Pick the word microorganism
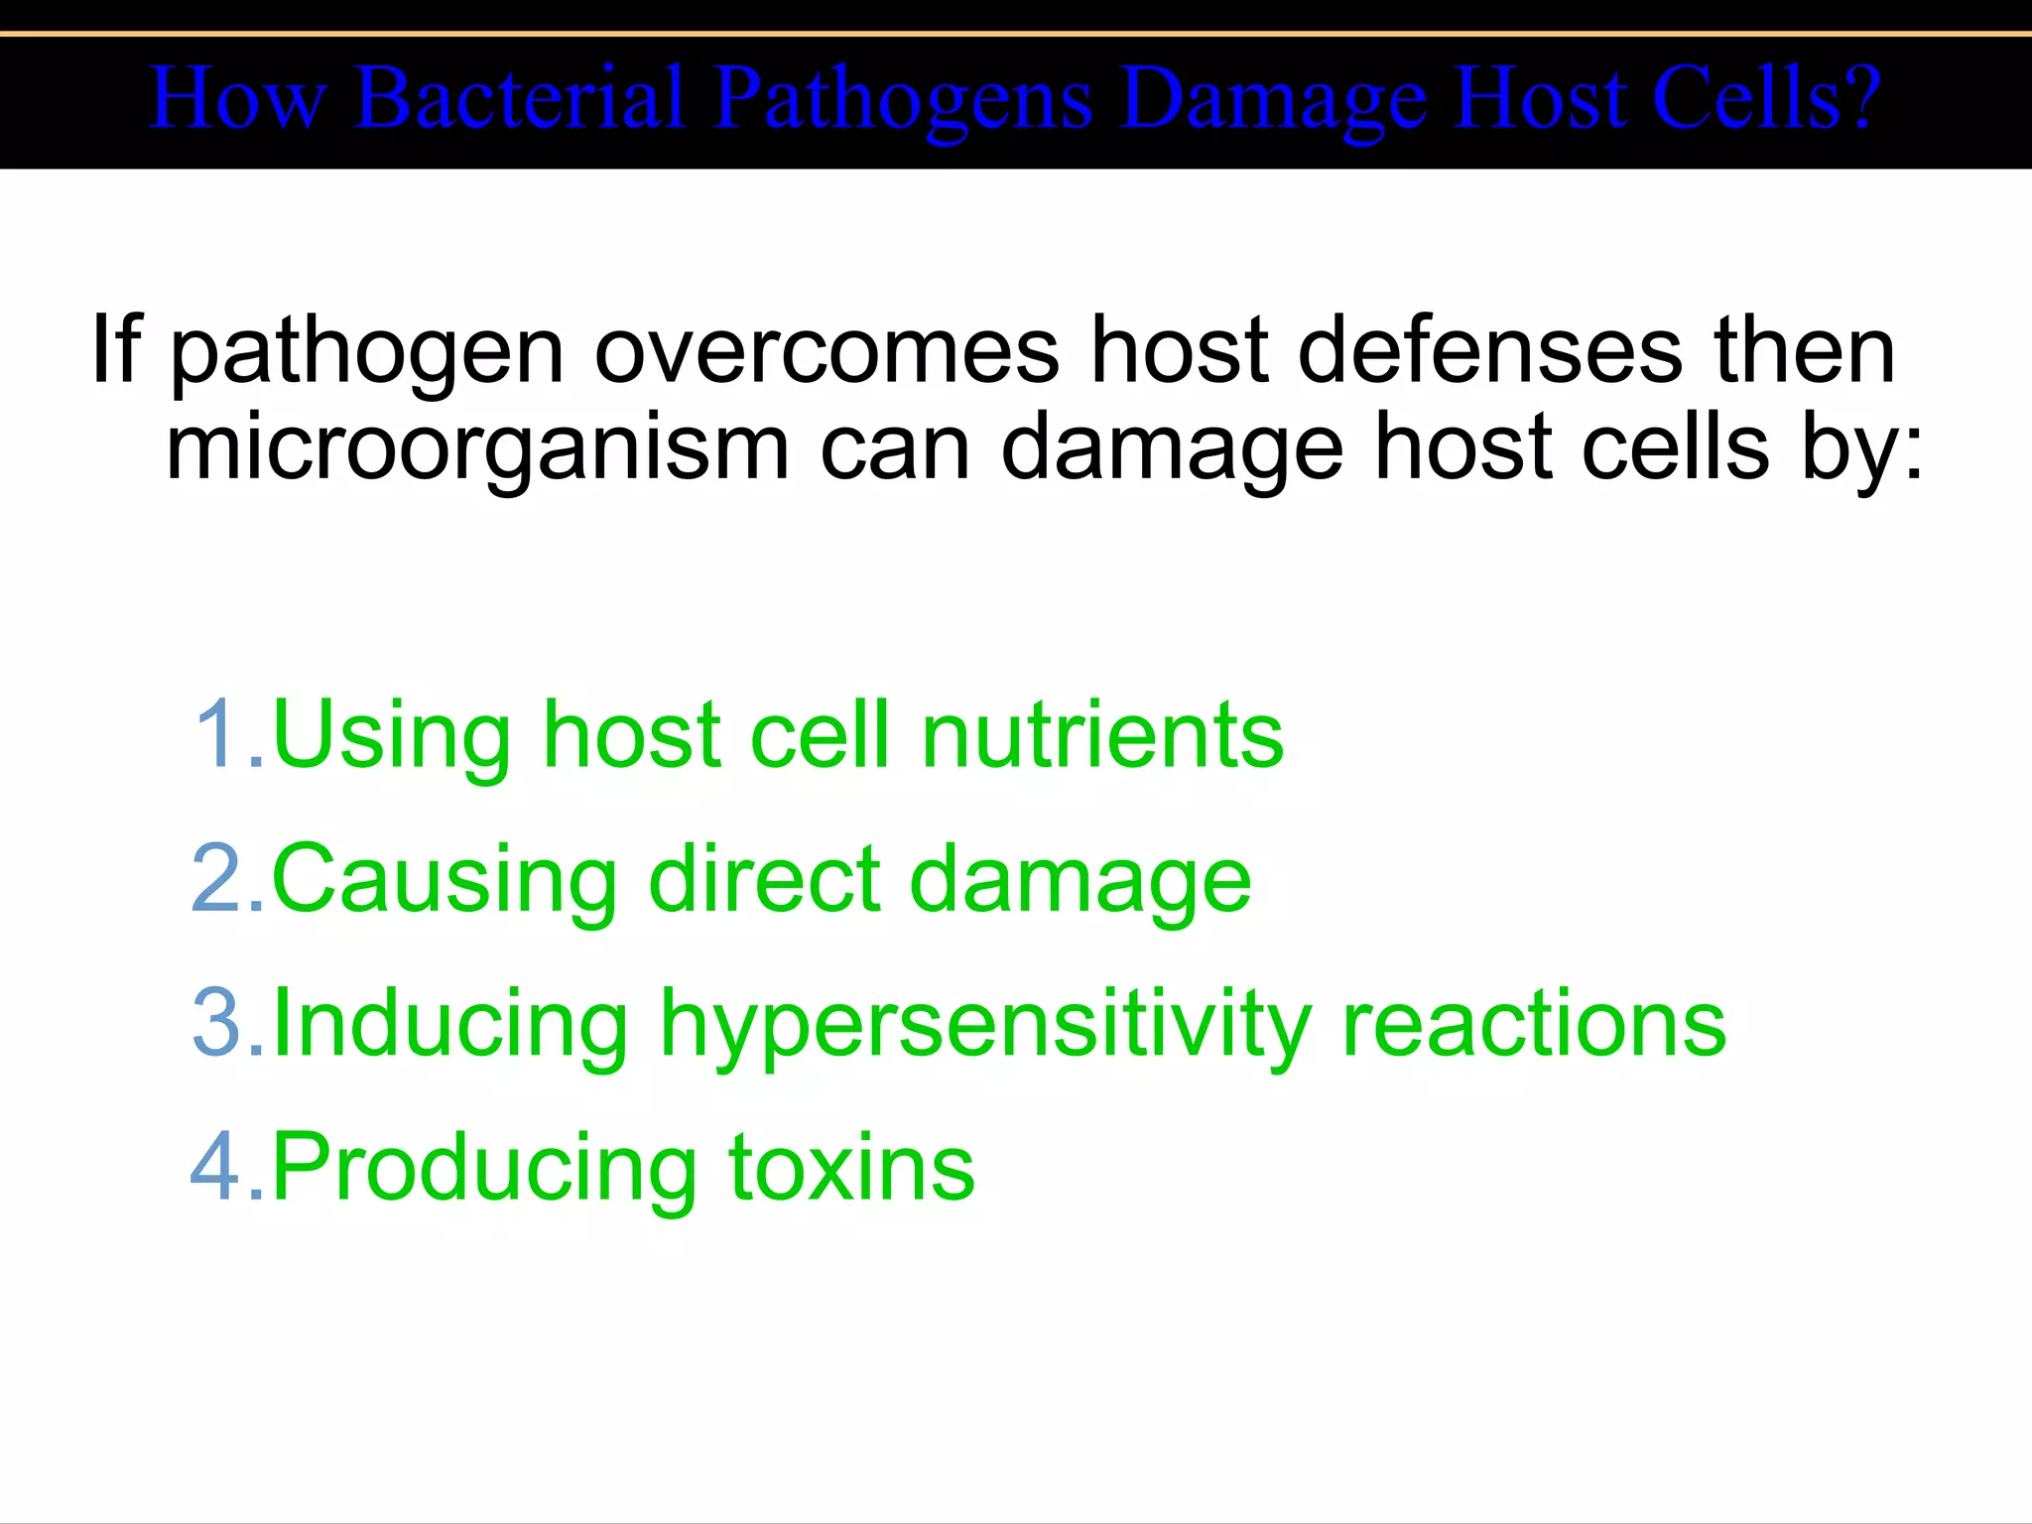[x=477, y=447]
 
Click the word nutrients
[x=1101, y=734]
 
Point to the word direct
[x=764, y=878]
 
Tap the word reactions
[x=1533, y=1023]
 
